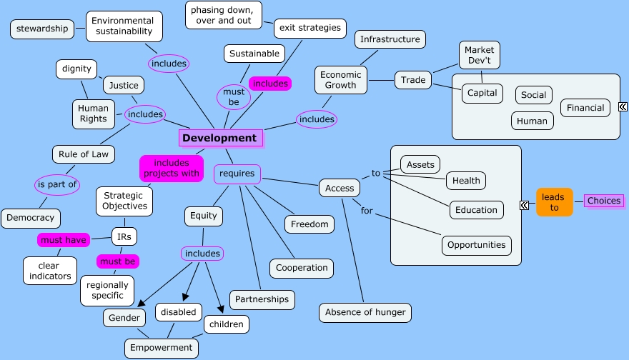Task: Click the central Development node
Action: (x=219, y=138)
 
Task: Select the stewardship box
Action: (x=42, y=29)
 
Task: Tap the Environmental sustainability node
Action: (x=123, y=26)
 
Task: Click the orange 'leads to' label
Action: (x=554, y=201)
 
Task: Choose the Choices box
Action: (x=603, y=201)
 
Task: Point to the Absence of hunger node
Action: (x=365, y=312)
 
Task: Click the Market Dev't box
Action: (x=479, y=55)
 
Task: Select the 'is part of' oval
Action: (x=57, y=184)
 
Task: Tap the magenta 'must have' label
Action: (x=63, y=240)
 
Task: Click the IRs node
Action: (x=125, y=236)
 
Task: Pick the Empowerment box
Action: (x=161, y=348)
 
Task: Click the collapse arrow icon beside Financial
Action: (x=623, y=107)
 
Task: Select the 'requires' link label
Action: (x=237, y=173)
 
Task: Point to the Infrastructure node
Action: (x=390, y=39)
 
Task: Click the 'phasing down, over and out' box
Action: (x=223, y=15)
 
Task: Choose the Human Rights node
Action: (x=93, y=114)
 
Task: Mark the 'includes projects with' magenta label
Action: (x=172, y=168)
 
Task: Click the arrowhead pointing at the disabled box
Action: (x=186, y=296)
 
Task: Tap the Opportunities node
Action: (x=476, y=245)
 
